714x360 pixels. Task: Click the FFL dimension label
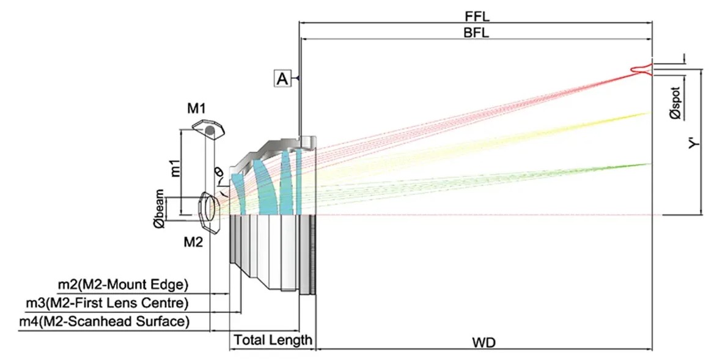[477, 16]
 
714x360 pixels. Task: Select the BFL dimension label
[476, 33]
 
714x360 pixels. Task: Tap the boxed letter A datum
[282, 79]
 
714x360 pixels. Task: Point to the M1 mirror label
[196, 108]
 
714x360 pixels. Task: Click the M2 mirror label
[193, 242]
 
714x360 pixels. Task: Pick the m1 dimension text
[175, 167]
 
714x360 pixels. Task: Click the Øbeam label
[159, 209]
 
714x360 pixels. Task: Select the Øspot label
[675, 103]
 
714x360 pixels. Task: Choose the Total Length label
[273, 339]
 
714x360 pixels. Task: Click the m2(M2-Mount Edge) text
[123, 285]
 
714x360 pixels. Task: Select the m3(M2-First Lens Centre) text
[107, 303]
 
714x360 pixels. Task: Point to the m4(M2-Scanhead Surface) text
[105, 321]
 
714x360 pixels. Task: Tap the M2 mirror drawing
[210, 211]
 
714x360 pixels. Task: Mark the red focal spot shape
[641, 70]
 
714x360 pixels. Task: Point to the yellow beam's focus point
[650, 112]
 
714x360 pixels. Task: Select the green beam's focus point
[650, 164]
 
